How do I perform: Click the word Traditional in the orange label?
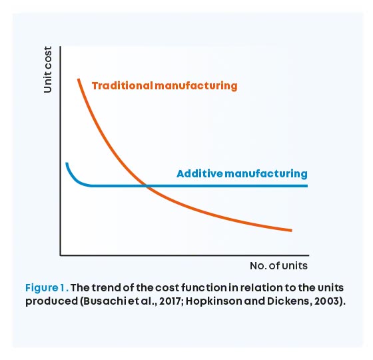[123, 86]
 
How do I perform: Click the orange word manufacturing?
[196, 86]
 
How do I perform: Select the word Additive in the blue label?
[200, 174]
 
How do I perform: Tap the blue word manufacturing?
[266, 174]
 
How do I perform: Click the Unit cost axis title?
[47, 69]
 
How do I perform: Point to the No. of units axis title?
[278, 266]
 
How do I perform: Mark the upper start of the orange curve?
[79, 79]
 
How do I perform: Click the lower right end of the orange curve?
[292, 230]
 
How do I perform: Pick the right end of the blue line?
[307, 186]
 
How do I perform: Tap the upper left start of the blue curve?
[67, 163]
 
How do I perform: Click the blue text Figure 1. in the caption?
[47, 288]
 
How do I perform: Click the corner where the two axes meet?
[61, 255]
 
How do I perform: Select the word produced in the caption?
[52, 302]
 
